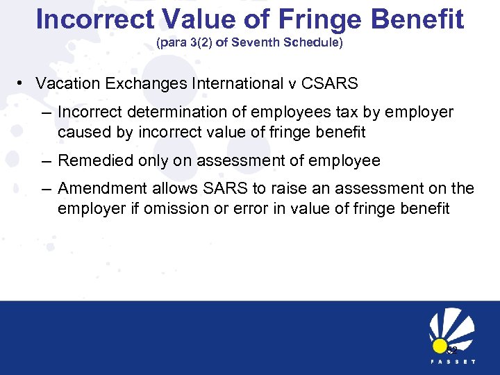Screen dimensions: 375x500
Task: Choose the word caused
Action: [x=82, y=131]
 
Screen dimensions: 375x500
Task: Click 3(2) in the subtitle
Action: [x=206, y=42]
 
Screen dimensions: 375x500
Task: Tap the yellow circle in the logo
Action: [x=439, y=345]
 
